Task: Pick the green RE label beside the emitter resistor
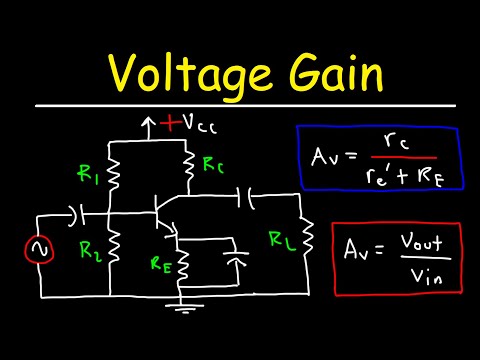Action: [159, 266]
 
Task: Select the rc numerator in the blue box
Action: [391, 144]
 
